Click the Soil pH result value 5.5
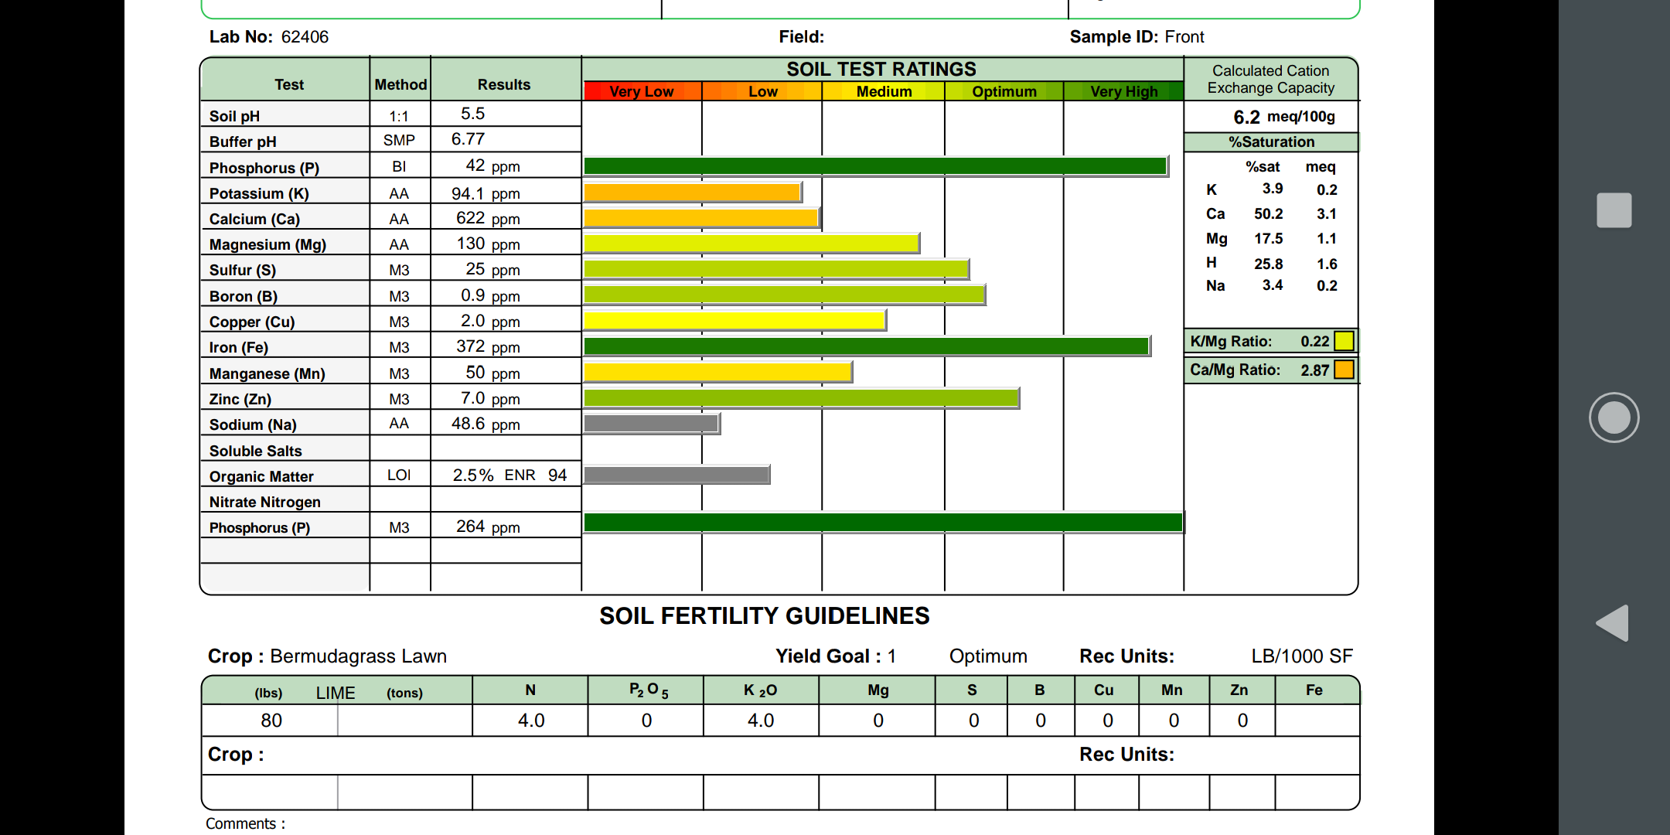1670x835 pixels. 472,114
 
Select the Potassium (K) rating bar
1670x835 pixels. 692,193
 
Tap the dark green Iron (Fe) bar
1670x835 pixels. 866,346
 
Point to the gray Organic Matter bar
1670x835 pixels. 677,475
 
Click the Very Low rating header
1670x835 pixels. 641,91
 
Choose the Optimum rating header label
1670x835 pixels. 1004,91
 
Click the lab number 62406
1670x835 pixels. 305,37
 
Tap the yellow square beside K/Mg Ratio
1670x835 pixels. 1344,341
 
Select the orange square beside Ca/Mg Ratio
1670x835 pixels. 1344,370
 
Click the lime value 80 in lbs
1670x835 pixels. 271,721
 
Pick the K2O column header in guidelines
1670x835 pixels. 760,690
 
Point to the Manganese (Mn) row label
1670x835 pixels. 267,373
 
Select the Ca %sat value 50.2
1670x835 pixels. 1268,214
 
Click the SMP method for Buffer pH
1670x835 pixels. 399,140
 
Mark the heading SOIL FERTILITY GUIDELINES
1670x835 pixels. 764,616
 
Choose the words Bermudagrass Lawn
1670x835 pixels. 358,656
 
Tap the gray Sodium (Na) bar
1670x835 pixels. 651,424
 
